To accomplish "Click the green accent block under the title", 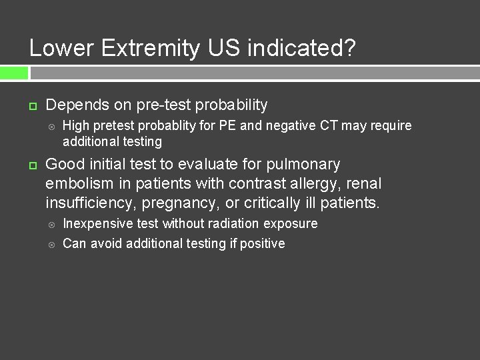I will coord(14,72).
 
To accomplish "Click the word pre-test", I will coord(175,105).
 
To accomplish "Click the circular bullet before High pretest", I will coord(53,126).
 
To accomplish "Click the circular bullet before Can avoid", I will coord(53,244).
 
